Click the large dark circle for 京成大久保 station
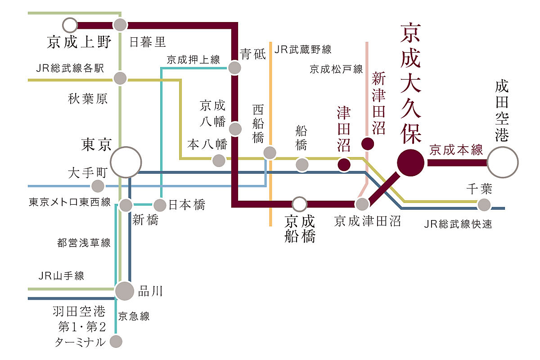point(410,162)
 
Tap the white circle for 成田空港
point(503,162)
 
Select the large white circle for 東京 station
point(126,162)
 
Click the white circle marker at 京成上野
point(70,25)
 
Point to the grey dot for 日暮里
point(120,25)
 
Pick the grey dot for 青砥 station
point(234,68)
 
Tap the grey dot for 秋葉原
point(120,78)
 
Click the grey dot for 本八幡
point(219,160)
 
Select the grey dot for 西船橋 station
point(270,153)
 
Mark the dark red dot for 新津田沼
point(368,144)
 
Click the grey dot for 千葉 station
point(484,205)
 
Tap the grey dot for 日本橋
point(160,205)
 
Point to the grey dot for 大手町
point(97,186)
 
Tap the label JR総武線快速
point(458,224)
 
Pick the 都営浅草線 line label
point(84,243)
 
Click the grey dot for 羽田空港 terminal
point(116,341)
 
